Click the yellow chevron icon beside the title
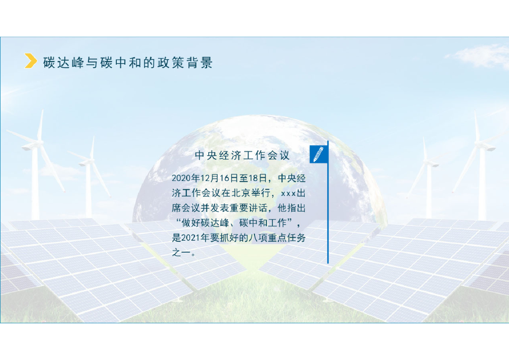coord(31,61)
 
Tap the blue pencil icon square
coord(318,154)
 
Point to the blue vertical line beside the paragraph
coord(328,209)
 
